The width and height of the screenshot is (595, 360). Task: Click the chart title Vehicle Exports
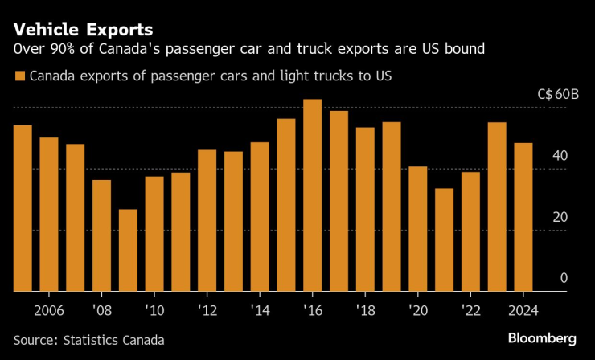pyautogui.click(x=83, y=30)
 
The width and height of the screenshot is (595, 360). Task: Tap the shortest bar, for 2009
pyautogui.click(x=128, y=250)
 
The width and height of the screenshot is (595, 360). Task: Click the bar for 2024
pyautogui.click(x=523, y=217)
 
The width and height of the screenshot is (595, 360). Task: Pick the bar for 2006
pyautogui.click(x=49, y=214)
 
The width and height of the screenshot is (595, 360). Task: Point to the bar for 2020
pyautogui.click(x=418, y=229)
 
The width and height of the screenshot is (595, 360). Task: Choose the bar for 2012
pyautogui.click(x=207, y=220)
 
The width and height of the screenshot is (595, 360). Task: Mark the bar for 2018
pyautogui.click(x=365, y=209)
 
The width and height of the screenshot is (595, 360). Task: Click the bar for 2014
pyautogui.click(x=260, y=216)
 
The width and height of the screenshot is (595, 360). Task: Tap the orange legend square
pyautogui.click(x=18, y=77)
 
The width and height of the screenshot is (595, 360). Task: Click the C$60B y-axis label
pyautogui.click(x=558, y=93)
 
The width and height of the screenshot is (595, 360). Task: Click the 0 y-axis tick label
pyautogui.click(x=564, y=278)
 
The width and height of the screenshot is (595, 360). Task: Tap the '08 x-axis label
pyautogui.click(x=102, y=310)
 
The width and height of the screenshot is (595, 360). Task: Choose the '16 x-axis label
pyautogui.click(x=313, y=310)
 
